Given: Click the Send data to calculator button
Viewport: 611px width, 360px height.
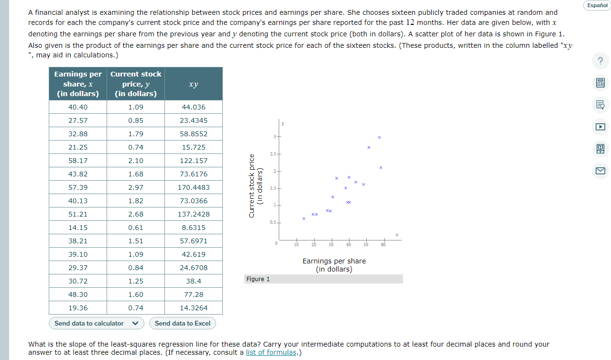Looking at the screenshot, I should tap(89, 323).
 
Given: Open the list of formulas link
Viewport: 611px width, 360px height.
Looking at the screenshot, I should tap(271, 353).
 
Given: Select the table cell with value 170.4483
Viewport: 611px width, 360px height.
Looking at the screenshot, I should tap(194, 187).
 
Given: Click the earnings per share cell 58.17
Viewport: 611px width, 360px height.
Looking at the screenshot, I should tap(78, 161).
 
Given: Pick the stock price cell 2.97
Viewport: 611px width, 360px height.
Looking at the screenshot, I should tap(136, 187).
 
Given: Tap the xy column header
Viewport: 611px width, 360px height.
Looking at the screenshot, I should tap(194, 84).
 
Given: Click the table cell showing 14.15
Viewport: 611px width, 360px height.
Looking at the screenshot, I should tap(78, 228).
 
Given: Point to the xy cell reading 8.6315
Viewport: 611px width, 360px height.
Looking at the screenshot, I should tap(194, 228).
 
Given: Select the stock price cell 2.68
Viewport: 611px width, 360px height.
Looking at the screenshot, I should tap(136, 214).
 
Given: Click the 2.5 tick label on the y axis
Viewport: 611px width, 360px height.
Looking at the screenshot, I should tap(273, 153).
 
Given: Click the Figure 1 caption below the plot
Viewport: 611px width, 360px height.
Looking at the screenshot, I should tap(258, 279).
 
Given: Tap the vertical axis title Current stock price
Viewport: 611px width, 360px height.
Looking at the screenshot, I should tap(255, 186).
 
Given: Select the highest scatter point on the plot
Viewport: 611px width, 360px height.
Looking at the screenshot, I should tap(379, 137).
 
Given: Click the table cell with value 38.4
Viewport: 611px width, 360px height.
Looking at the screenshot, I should tap(194, 281).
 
